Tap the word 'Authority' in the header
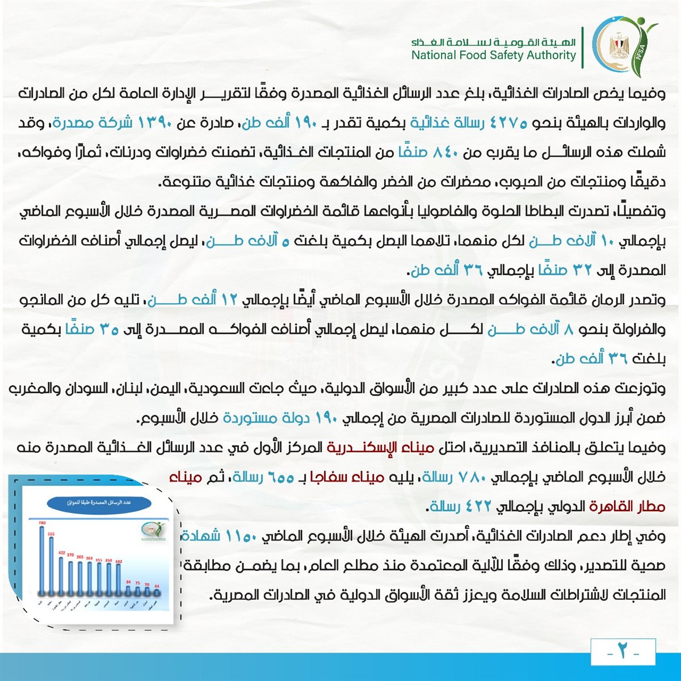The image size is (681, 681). (548, 55)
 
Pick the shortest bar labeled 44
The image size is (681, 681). (157, 592)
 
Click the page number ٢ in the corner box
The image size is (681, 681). (623, 651)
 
